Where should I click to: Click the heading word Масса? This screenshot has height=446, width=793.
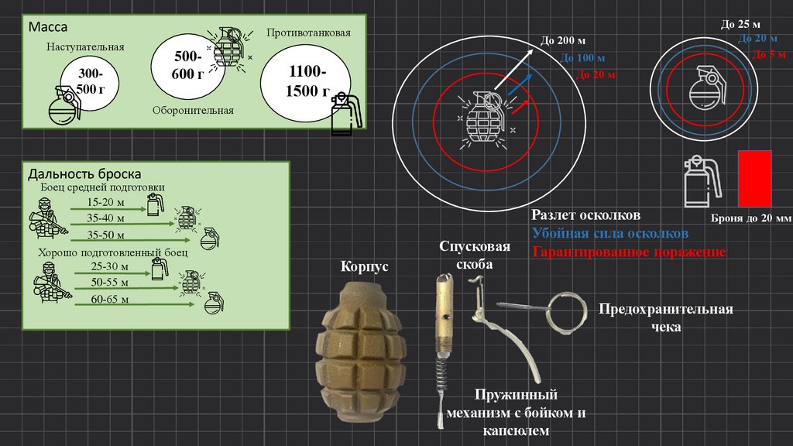tap(48, 27)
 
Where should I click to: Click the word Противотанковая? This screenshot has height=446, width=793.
tap(308, 33)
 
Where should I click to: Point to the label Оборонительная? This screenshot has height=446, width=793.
tap(193, 110)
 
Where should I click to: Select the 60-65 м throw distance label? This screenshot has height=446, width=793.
tap(109, 298)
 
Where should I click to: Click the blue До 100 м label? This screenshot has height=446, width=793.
tap(583, 58)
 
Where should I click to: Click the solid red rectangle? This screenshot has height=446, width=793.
tap(754, 179)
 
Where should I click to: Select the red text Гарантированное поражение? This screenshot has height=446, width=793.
tap(629, 252)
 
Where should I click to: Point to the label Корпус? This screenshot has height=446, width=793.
tap(364, 267)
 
